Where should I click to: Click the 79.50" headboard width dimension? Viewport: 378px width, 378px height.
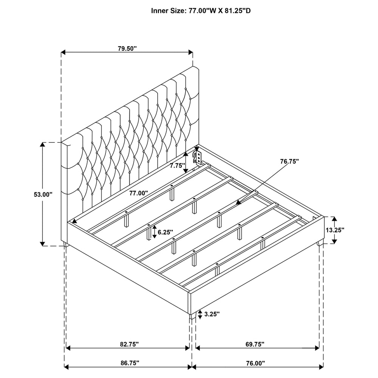pyautogui.click(x=127, y=48)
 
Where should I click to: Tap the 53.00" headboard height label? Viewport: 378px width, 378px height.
pyautogui.click(x=43, y=194)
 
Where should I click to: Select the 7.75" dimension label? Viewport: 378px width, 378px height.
pyautogui.click(x=177, y=166)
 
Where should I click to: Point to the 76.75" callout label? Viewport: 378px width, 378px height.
pyautogui.click(x=289, y=161)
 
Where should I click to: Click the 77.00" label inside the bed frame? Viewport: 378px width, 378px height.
pyautogui.click(x=138, y=193)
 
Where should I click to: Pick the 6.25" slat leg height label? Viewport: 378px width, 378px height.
pyautogui.click(x=166, y=232)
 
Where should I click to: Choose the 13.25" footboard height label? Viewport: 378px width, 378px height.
pyautogui.click(x=335, y=230)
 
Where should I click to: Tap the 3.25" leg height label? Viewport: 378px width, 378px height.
pyautogui.click(x=212, y=314)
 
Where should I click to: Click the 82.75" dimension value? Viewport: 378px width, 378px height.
pyautogui.click(x=129, y=344)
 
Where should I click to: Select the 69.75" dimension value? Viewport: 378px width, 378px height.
pyautogui.click(x=255, y=344)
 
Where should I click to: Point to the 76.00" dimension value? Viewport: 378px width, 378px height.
pyautogui.click(x=255, y=363)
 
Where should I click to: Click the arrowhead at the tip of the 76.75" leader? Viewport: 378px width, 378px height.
pyautogui.click(x=239, y=202)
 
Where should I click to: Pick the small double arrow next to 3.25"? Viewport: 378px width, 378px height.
pyautogui.click(x=200, y=314)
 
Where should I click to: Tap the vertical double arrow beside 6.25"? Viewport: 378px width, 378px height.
pyautogui.click(x=154, y=232)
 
